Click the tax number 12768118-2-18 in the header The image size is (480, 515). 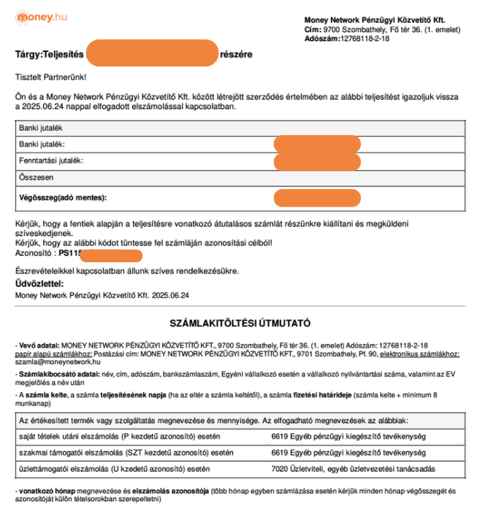click(x=365, y=38)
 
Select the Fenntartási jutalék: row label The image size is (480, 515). click(x=51, y=160)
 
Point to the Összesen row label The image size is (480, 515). click(x=37, y=177)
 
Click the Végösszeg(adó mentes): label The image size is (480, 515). click(x=63, y=197)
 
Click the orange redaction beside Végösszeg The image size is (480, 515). click(x=317, y=197)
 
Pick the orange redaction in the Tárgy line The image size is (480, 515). click(x=152, y=54)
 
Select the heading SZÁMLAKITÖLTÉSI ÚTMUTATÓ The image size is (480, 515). click(x=240, y=322)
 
